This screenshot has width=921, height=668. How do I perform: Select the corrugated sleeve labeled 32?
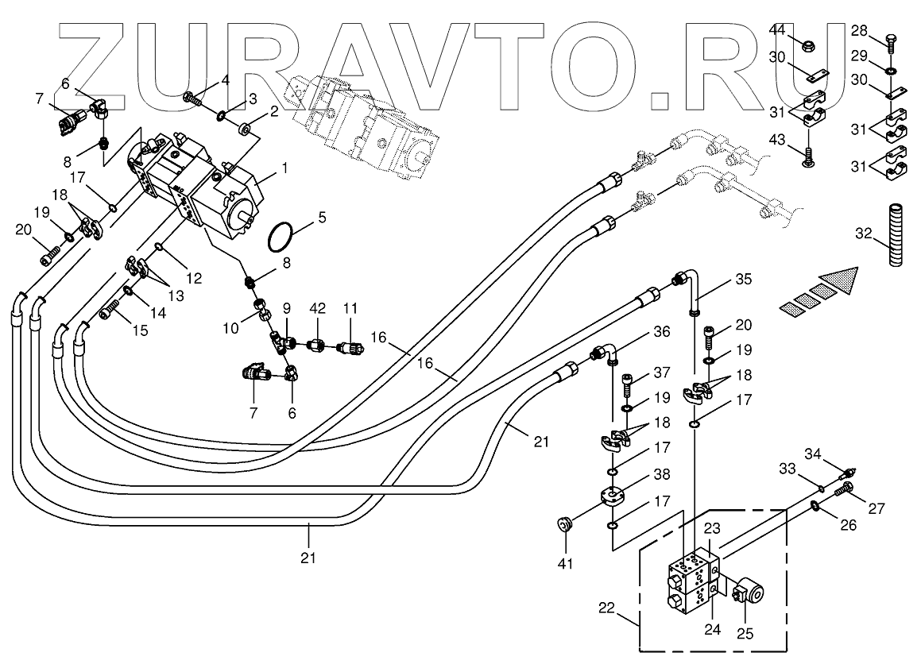(x=895, y=236)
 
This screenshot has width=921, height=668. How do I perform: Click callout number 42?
(x=317, y=307)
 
